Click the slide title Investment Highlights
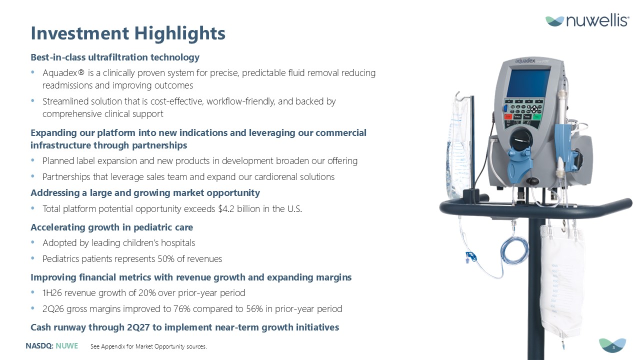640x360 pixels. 128,33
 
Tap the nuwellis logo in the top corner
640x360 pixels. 587,20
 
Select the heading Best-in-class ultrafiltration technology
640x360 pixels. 115,57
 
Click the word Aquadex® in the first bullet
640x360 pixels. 63,73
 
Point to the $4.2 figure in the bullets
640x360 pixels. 226,209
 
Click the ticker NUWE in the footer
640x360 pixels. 67,346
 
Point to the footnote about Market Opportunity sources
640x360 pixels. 148,346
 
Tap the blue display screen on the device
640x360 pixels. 529,83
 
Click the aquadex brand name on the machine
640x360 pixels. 525,61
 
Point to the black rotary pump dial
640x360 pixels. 521,139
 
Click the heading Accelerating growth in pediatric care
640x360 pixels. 111,227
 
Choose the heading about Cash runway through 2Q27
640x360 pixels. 185,327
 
